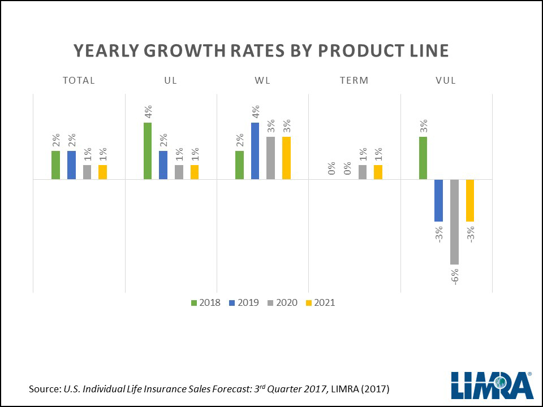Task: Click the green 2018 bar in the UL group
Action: coord(148,151)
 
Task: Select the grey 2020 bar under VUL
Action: coord(454,222)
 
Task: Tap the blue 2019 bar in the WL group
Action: coord(255,151)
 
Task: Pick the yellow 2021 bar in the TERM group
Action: coord(378,172)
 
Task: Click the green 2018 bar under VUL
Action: coord(423,158)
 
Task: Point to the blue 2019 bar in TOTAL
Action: coord(71,165)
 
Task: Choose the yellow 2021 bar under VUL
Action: coord(470,200)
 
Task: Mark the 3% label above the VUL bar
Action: coord(423,127)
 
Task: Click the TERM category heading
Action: coord(354,80)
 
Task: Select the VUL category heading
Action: coord(446,80)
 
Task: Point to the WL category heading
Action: coord(262,80)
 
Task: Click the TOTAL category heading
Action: coord(79,80)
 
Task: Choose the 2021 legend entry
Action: coord(320,302)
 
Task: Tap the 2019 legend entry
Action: coord(243,302)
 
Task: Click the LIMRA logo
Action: coord(492,384)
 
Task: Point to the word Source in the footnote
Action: coord(44,389)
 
